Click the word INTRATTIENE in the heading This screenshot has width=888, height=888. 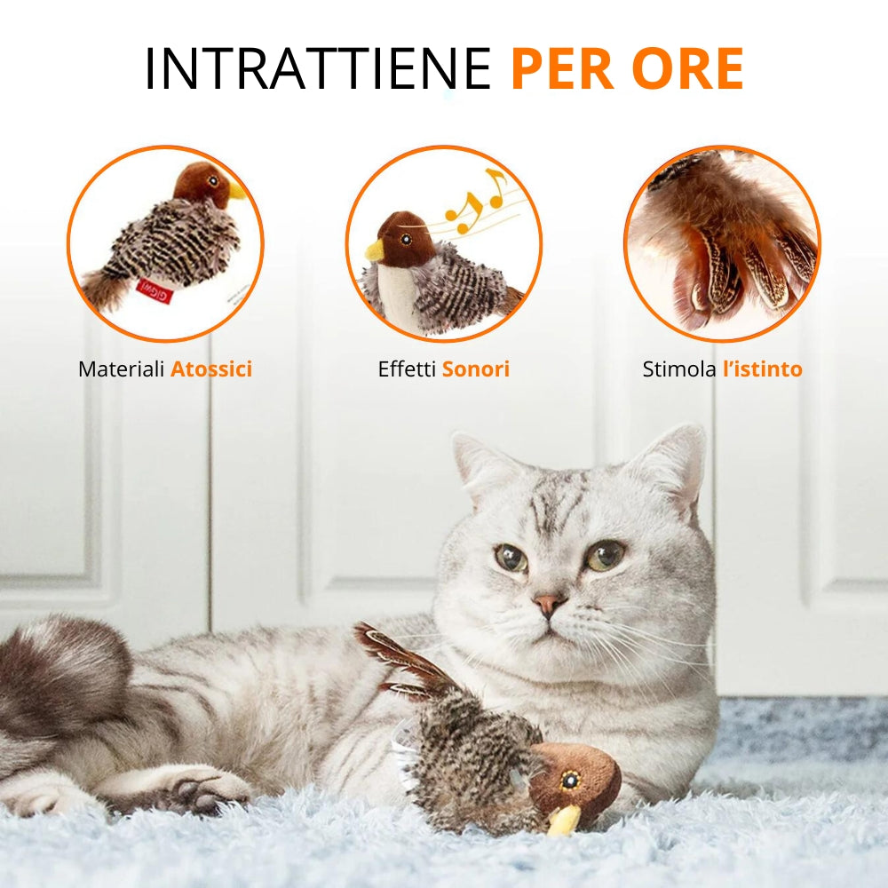[318, 69]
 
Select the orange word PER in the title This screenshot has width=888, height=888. [562, 69]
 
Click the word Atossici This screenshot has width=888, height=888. [211, 369]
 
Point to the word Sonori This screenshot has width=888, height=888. [476, 369]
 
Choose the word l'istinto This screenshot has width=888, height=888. [762, 369]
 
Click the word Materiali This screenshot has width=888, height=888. [122, 369]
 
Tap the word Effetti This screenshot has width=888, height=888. [408, 369]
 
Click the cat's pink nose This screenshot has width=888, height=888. [548, 605]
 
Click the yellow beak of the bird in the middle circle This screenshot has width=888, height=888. [375, 250]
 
